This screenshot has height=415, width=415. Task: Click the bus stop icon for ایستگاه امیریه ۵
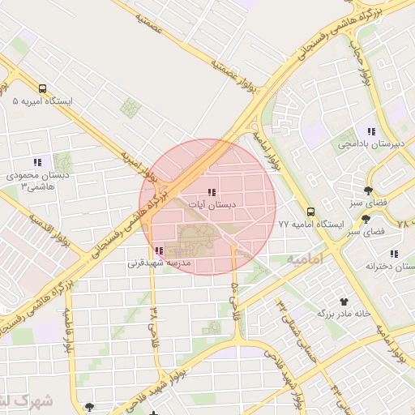click(x=42, y=89)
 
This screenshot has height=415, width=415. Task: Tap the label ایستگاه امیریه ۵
click(x=42, y=102)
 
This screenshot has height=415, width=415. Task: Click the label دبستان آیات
click(x=211, y=206)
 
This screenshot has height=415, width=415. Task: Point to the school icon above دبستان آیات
click(x=211, y=192)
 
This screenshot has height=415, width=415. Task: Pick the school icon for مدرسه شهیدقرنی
click(x=159, y=251)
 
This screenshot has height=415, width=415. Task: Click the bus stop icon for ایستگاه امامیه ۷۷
click(x=311, y=212)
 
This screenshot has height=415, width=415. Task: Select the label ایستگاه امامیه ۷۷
click(x=311, y=224)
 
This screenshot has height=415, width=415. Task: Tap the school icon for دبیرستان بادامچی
click(x=371, y=131)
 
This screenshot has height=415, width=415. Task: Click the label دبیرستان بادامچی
click(x=371, y=144)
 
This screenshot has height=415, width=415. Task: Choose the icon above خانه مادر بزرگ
click(x=343, y=300)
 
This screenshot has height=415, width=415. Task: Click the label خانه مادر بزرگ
click(x=343, y=312)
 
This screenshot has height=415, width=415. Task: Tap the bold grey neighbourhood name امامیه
click(x=305, y=258)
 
